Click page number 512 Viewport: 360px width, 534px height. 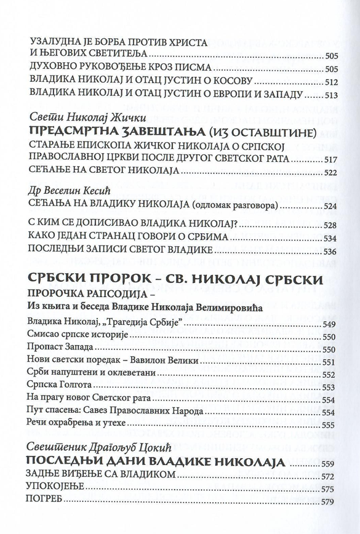point(332,82)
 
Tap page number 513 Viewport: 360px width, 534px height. point(332,95)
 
